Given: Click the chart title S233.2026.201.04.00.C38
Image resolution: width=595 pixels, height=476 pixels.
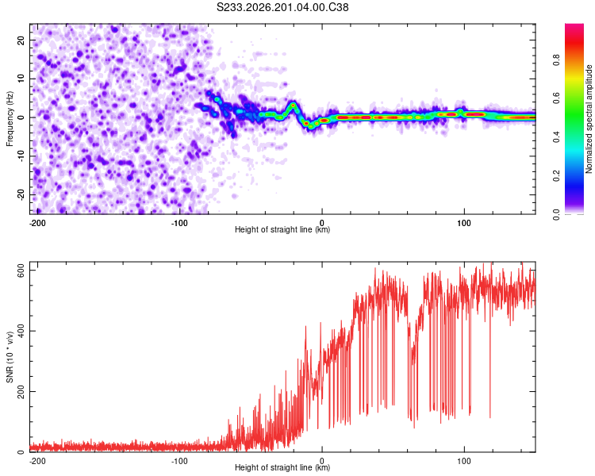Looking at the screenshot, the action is pos(282,7).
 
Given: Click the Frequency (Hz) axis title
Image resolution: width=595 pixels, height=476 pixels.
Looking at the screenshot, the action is pos(10,119).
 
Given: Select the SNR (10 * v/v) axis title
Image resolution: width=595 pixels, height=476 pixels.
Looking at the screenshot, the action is pos(10,357).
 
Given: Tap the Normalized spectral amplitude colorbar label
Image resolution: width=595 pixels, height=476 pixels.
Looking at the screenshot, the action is pos(589,119).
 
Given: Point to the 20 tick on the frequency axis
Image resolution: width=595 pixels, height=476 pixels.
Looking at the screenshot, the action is pos(21,40).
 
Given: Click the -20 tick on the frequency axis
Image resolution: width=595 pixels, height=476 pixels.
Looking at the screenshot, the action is pos(21,194).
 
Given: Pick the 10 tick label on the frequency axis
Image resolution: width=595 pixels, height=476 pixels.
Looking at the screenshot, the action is pos(21,79).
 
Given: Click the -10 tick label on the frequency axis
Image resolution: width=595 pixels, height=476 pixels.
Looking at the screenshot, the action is pos(21,156).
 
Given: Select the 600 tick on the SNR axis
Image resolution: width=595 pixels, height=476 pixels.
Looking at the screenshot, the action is pos(21,271).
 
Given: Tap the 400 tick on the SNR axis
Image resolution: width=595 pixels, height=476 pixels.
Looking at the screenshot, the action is pos(21,331).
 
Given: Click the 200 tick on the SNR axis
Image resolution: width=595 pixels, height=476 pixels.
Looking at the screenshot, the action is pos(21,391).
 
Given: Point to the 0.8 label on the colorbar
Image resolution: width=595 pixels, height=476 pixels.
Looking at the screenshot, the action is pos(556,60).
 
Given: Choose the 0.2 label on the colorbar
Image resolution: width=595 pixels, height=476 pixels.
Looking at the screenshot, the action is pos(556,176).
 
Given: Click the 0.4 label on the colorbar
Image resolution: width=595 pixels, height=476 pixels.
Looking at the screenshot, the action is pos(556,137).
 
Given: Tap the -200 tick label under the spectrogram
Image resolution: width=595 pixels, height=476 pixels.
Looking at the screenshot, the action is pos(36,223).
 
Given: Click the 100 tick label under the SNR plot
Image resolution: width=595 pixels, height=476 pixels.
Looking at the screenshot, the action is pos(464,461).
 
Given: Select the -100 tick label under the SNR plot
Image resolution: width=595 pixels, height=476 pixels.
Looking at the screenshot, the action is pos(179,461).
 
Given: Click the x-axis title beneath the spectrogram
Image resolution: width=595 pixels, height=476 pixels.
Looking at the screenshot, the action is pos(282,229).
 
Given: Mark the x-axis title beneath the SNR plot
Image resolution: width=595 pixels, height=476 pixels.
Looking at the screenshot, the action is pos(282,467).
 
